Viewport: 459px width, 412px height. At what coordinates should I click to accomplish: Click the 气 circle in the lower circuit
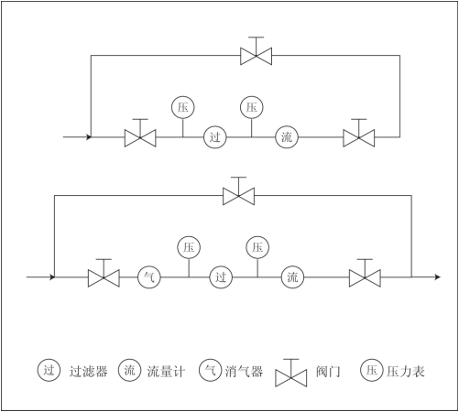149,277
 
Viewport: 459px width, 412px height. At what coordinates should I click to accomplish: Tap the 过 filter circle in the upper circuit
215,137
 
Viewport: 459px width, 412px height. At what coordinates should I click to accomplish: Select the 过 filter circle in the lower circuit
221,277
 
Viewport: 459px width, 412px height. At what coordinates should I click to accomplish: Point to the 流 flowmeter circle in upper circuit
287,137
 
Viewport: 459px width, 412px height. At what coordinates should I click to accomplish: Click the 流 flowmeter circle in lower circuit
292,277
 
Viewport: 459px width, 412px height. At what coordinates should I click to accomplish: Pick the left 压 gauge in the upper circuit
183,107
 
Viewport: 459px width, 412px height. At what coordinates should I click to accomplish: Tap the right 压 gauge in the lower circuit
257,247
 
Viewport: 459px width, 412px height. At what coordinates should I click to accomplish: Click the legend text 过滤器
89,372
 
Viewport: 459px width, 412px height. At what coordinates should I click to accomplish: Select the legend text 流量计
166,372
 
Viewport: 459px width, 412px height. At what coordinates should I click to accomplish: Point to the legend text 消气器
244,372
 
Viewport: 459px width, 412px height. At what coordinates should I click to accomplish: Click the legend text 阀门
328,372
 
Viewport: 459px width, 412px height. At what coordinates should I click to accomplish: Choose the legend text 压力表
406,372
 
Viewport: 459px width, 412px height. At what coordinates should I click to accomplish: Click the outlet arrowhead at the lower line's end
438,277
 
